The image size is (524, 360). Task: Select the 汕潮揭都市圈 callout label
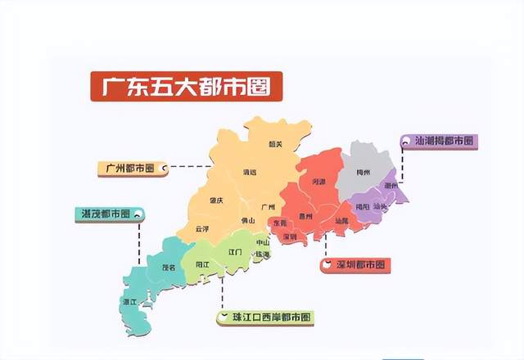click(x=442, y=141)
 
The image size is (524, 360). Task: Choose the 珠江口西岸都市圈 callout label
click(x=265, y=316)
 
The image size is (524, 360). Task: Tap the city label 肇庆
click(x=216, y=200)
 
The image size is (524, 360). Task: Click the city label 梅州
click(x=364, y=173)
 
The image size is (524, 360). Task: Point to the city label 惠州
click(x=307, y=216)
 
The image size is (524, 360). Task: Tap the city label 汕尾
click(x=341, y=220)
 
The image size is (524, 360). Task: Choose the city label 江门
click(x=236, y=252)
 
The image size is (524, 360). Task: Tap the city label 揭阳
click(x=360, y=206)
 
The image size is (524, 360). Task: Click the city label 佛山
click(x=247, y=220)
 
